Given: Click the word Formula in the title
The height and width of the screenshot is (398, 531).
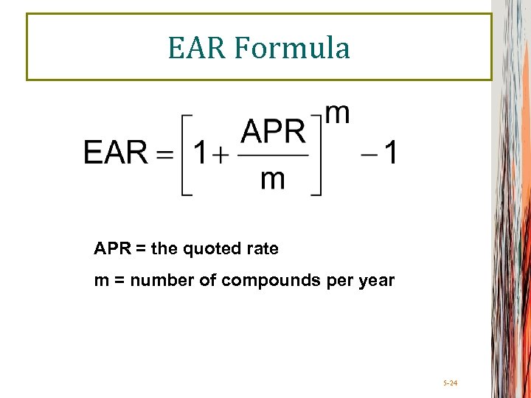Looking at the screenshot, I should [293, 48].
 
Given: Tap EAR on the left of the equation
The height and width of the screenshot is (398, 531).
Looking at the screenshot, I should [116, 153].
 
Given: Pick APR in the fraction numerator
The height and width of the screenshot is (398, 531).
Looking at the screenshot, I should [273, 133].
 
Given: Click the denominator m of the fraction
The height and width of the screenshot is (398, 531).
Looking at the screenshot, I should [273, 180].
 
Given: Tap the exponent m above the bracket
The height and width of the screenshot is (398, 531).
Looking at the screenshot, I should [337, 114].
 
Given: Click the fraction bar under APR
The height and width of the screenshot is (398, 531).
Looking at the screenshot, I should [273, 156].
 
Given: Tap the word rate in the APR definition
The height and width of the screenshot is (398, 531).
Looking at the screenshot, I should [263, 249].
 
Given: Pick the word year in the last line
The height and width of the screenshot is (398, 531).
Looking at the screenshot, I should [377, 282].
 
